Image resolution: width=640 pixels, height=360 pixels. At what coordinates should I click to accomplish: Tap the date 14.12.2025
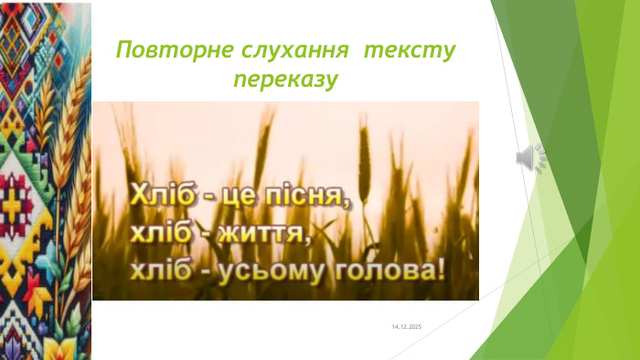[407, 326]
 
